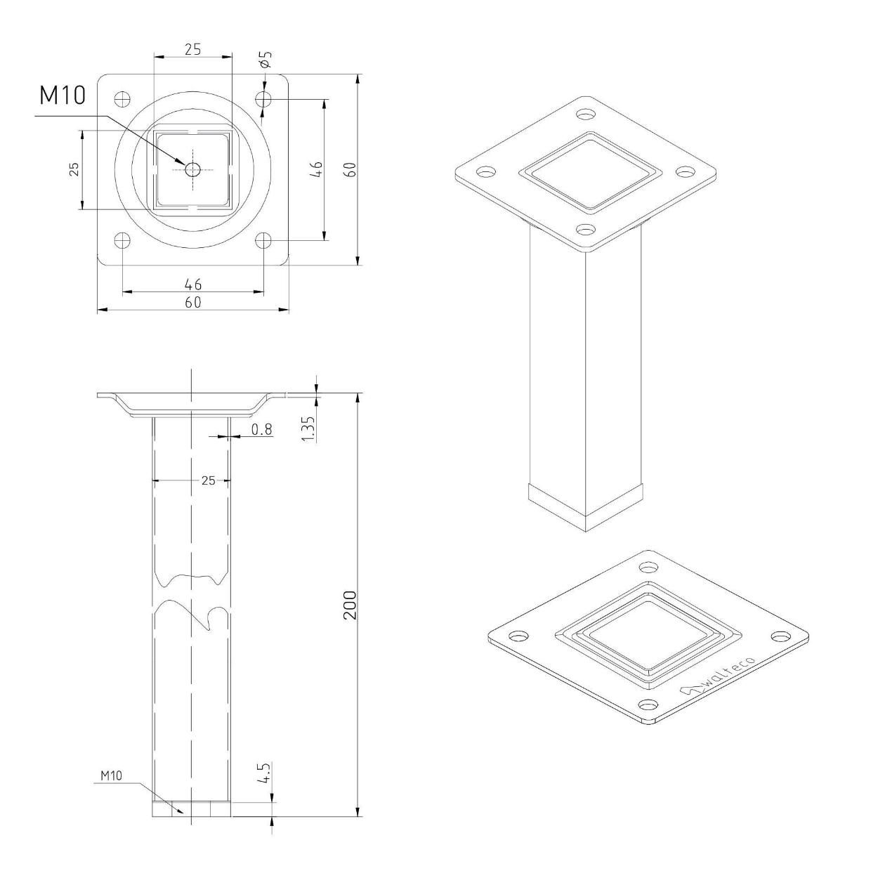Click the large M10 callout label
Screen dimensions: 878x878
[x=63, y=96]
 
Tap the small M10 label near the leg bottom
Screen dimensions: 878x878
[x=111, y=775]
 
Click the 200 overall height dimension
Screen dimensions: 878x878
[x=350, y=605]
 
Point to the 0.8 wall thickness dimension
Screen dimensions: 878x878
[x=261, y=428]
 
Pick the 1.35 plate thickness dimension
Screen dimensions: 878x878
[x=308, y=428]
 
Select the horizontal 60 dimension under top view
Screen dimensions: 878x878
[x=193, y=302]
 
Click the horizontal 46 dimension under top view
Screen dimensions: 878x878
[x=193, y=284]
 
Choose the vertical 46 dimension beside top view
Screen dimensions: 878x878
[x=317, y=169]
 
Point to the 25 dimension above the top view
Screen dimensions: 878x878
[x=192, y=49]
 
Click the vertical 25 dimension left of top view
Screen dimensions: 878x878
[x=74, y=169]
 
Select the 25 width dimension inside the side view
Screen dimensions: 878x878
[x=208, y=480]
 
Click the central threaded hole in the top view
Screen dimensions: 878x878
[x=192, y=169]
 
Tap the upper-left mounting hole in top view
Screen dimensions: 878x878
[x=122, y=98]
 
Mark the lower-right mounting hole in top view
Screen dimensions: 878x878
[x=263, y=240]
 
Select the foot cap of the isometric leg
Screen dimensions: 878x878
[x=585, y=504]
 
